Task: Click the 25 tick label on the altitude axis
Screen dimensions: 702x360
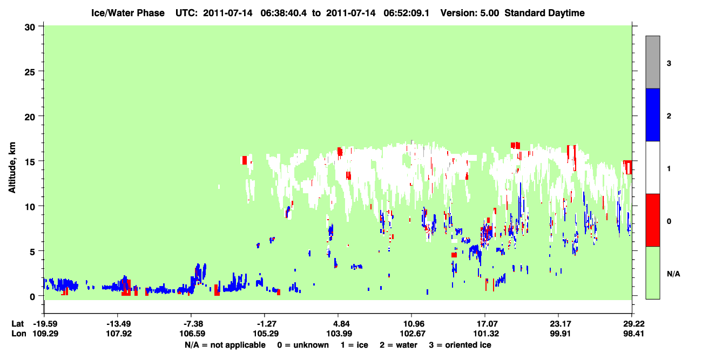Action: (x=30, y=72)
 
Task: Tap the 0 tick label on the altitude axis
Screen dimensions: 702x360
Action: (x=32, y=297)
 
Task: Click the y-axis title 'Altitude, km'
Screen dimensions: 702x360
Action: (x=12, y=167)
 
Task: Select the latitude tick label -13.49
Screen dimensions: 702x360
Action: (x=118, y=324)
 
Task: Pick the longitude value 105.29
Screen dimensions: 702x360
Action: (x=266, y=334)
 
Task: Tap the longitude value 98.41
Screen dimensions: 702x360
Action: (x=633, y=334)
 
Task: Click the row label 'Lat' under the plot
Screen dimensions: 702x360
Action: (x=17, y=324)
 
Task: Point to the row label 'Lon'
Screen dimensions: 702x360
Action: (x=19, y=334)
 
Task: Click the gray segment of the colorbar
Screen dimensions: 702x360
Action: (x=652, y=62)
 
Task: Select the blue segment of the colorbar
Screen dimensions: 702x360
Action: (x=652, y=114)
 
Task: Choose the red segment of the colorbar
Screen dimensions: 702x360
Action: (x=652, y=220)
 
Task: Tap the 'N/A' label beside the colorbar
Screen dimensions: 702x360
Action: (x=673, y=274)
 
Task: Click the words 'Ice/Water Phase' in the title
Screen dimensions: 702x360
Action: (x=128, y=13)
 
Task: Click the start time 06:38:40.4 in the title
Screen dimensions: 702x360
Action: (x=283, y=13)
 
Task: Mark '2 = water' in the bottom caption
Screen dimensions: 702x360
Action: (x=399, y=345)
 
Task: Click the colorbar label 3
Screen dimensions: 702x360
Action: (x=669, y=64)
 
